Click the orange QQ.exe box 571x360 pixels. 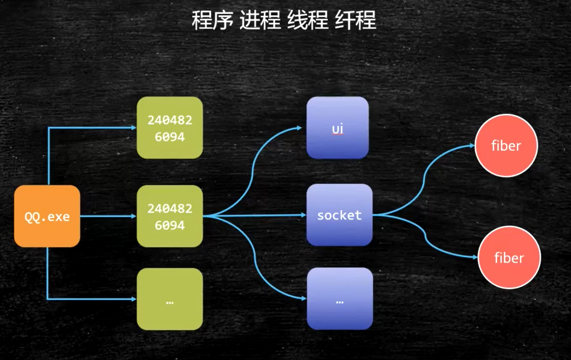[x=47, y=216]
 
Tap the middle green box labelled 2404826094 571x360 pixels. [x=170, y=216]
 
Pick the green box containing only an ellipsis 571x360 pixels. [x=170, y=299]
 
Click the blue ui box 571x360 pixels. [x=337, y=127]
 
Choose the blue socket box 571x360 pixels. [x=339, y=215]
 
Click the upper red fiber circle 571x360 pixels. [x=506, y=146]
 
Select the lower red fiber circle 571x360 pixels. [x=509, y=258]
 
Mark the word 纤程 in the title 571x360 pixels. [x=355, y=20]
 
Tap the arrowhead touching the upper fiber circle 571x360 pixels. [x=473, y=146]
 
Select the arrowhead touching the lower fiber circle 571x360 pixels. [x=476, y=258]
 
